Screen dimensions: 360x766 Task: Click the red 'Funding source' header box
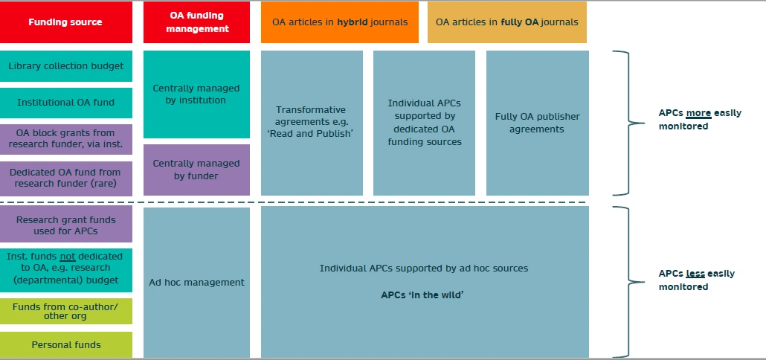tap(65, 22)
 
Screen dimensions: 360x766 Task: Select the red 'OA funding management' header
tap(196, 22)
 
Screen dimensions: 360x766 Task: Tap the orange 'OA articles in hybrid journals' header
tap(339, 22)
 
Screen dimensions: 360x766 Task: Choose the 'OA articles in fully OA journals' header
tap(506, 22)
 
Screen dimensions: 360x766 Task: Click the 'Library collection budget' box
tap(66, 66)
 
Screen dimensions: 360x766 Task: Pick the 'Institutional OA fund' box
tap(66, 103)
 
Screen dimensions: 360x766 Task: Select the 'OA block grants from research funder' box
tap(66, 139)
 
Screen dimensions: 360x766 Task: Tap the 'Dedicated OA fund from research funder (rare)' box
tap(66, 178)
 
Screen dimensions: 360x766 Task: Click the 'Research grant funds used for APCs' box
tap(66, 225)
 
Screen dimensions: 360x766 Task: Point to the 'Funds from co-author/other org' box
tap(66, 311)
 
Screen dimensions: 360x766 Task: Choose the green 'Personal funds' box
tap(66, 344)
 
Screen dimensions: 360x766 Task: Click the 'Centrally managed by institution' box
tap(196, 94)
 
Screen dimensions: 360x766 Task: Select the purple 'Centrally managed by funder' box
tap(196, 170)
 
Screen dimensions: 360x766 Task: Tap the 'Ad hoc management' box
tap(196, 282)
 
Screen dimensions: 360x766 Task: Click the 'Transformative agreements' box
tap(312, 123)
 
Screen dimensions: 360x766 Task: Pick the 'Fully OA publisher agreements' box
tap(537, 123)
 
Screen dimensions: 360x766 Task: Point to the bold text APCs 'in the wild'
tap(422, 295)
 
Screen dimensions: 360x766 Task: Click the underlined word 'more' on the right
tap(698, 113)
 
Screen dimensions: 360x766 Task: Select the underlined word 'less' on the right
tap(695, 274)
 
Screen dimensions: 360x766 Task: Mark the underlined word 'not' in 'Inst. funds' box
tap(68, 256)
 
